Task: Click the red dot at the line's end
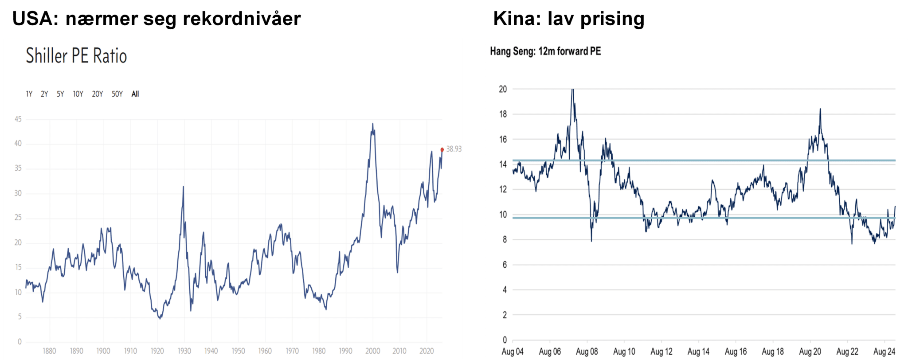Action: pos(442,150)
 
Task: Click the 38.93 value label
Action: pos(454,149)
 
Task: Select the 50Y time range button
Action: pos(117,94)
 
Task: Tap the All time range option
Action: pos(135,94)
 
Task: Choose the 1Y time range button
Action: pos(29,94)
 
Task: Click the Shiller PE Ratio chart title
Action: pos(76,56)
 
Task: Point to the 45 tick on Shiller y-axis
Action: pos(18,119)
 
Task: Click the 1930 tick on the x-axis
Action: pos(184,351)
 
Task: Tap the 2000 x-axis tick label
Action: pos(372,351)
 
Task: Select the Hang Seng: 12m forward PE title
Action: pos(545,51)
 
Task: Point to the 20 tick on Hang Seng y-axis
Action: pos(503,89)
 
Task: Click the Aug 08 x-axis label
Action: pos(587,352)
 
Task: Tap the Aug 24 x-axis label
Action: pos(884,352)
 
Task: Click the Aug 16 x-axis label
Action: pos(736,352)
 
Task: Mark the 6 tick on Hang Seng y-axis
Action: pos(505,265)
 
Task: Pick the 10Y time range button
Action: pos(78,94)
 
